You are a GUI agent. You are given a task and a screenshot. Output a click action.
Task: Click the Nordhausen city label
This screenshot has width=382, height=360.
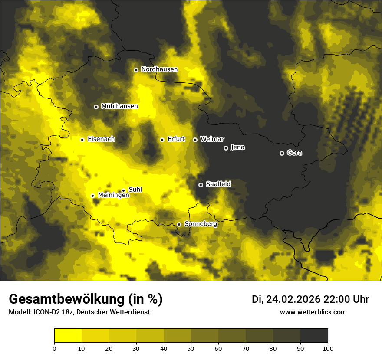[159, 69]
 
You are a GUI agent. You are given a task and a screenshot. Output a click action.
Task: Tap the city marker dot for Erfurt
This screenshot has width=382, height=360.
[162, 140]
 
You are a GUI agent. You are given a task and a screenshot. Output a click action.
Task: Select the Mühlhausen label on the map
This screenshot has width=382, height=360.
[119, 106]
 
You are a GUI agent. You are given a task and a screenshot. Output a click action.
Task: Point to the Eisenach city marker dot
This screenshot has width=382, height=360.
[82, 140]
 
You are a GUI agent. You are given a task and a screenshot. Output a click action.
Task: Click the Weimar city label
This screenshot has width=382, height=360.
[212, 139]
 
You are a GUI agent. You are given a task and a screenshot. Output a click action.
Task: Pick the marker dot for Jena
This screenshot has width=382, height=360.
[226, 148]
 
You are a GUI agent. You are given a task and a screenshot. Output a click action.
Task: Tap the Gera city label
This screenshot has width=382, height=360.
[294, 153]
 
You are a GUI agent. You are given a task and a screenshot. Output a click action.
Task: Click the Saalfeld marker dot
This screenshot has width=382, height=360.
[201, 185]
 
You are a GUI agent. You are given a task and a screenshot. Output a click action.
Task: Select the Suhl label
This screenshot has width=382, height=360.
[135, 190]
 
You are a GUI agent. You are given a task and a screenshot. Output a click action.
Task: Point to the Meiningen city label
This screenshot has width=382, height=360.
[113, 196]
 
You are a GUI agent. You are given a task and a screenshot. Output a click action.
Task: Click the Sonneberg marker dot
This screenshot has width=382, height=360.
[179, 224]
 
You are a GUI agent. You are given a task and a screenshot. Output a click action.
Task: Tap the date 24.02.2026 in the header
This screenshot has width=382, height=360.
[293, 299]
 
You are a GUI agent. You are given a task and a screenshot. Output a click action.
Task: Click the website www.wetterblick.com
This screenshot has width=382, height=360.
[313, 312]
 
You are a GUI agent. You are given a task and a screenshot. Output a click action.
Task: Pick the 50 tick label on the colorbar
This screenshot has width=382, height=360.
[191, 348]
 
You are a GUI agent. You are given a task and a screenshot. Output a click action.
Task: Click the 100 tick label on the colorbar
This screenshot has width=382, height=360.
[328, 348]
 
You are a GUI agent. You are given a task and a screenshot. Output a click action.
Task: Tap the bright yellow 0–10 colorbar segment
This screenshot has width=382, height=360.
[68, 335]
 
